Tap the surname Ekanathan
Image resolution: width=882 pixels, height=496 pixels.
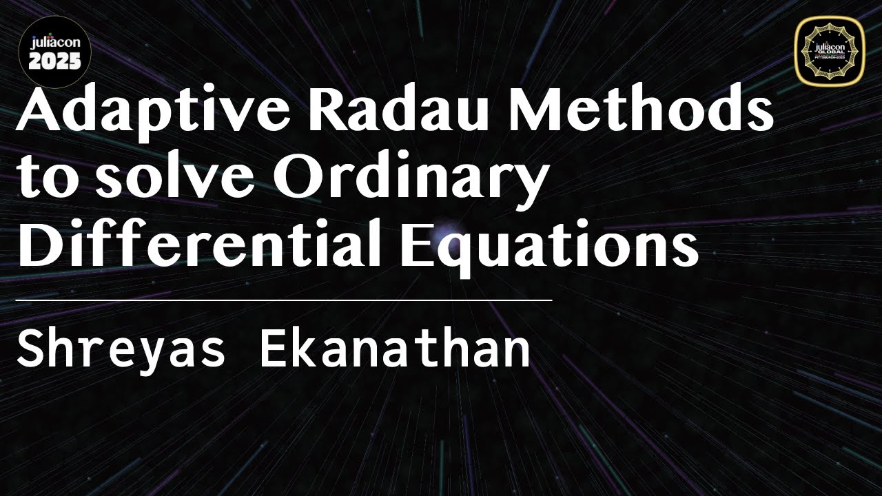click(395, 350)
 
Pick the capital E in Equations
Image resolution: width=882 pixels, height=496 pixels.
click(414, 245)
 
